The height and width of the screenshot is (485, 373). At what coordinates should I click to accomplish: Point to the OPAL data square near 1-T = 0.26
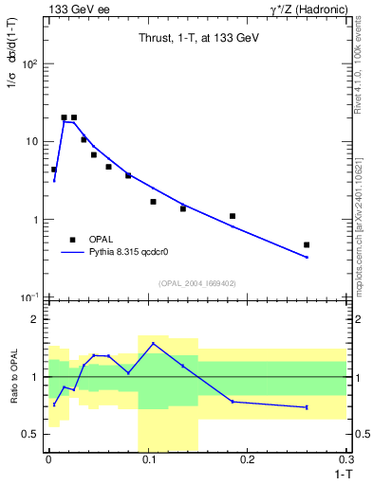pos(307,244)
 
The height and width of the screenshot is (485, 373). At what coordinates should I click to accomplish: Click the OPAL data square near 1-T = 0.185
pos(233,216)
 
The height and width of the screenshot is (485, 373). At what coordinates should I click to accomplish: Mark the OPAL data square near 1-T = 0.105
pos(153,202)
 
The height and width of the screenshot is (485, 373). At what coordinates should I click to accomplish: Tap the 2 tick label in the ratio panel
pos(38,320)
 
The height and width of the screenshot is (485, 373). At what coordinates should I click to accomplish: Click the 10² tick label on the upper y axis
pos(30,63)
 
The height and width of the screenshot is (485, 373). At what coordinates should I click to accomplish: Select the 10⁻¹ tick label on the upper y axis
pos(30,297)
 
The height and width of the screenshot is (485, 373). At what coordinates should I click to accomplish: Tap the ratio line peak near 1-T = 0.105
pos(153,344)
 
